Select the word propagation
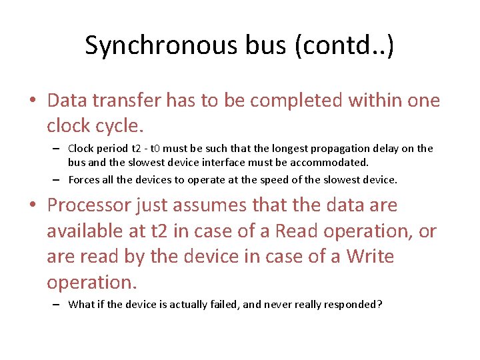pos(350,149)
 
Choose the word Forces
pos(83,179)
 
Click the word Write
pos(370,257)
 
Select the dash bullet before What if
pos(57,305)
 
